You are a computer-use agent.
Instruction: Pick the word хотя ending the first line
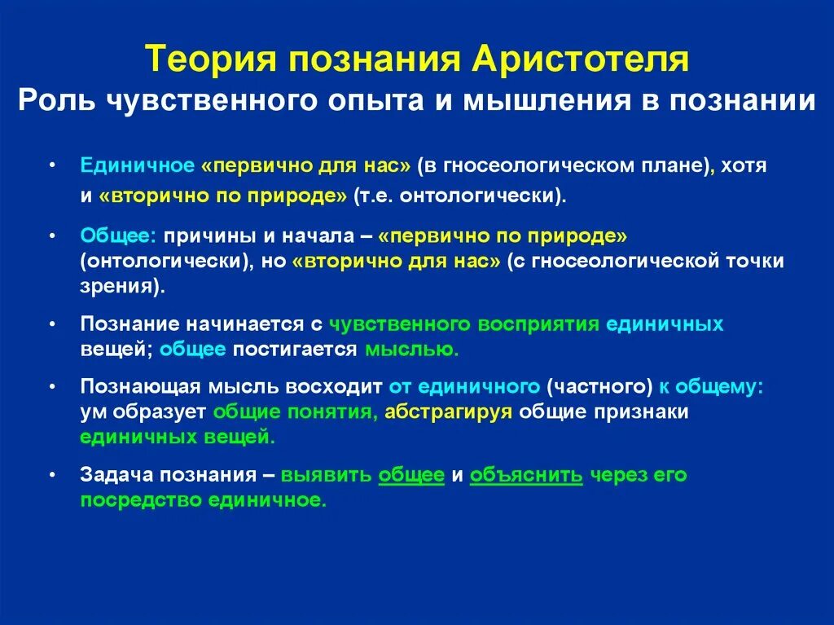(x=744, y=165)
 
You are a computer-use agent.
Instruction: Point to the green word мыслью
(x=410, y=350)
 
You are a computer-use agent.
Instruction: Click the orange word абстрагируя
(x=448, y=412)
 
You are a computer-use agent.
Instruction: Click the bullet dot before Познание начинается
(x=52, y=324)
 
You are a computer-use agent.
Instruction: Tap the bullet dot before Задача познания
(x=52, y=474)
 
